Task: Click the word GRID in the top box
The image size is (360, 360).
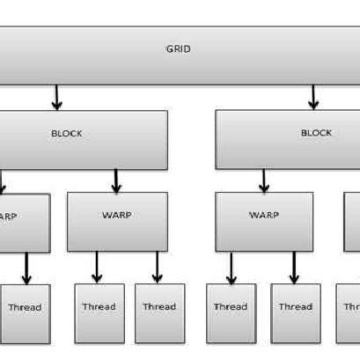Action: point(179,49)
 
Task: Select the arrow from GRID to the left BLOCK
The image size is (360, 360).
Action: point(57,96)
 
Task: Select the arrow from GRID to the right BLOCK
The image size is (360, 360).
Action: point(312,96)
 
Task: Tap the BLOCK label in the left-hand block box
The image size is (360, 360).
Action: point(66,134)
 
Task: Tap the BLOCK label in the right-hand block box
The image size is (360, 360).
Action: point(316,133)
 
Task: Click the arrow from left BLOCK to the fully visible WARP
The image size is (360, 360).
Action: point(116,181)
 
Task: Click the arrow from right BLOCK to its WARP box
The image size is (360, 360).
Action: point(264,181)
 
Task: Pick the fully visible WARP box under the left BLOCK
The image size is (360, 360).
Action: point(117,221)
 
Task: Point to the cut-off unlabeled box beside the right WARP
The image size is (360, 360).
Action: point(351,221)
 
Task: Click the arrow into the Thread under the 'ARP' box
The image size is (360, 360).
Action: point(26,268)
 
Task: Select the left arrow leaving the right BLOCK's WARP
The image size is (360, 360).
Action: point(231,268)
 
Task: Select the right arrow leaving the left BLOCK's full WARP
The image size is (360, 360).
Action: point(158,268)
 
